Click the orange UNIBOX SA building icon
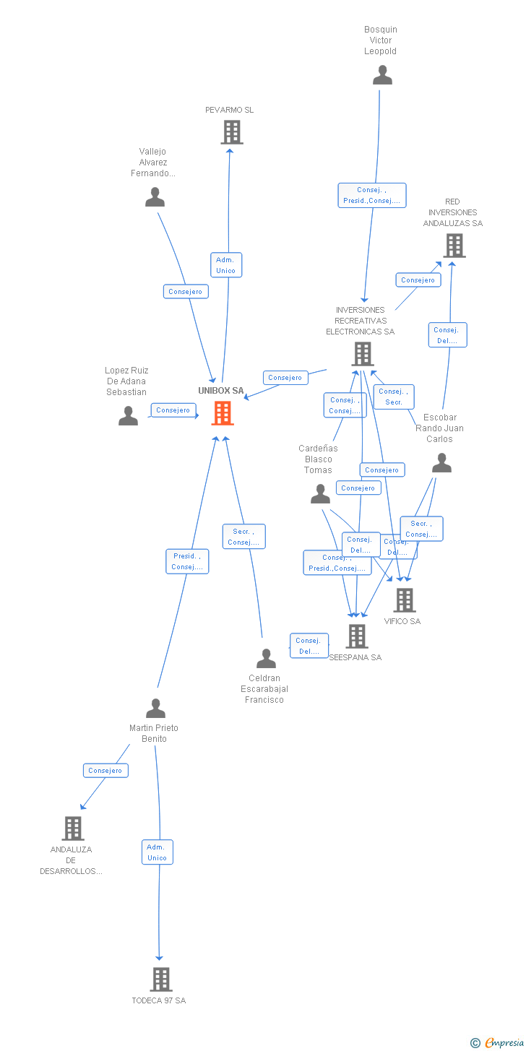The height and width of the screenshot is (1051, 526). (x=223, y=413)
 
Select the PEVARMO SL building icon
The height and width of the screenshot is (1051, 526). (x=231, y=132)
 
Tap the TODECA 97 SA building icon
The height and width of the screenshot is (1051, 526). (x=160, y=979)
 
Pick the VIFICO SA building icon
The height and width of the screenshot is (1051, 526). (x=404, y=600)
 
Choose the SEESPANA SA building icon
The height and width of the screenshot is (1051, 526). (x=357, y=636)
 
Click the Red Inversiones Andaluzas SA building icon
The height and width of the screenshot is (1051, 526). (x=454, y=246)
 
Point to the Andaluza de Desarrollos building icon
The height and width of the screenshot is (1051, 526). (x=72, y=829)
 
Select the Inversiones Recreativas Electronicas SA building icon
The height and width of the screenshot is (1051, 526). (x=362, y=354)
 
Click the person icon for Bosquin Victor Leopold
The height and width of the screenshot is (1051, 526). (x=382, y=75)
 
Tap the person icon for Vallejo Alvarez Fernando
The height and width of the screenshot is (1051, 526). (x=155, y=197)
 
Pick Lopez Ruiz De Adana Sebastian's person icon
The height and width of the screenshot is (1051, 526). (x=128, y=416)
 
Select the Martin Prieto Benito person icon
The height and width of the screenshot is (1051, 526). (x=155, y=709)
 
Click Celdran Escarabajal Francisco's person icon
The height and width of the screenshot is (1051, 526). (x=266, y=659)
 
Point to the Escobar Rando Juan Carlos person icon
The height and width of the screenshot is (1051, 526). (x=441, y=463)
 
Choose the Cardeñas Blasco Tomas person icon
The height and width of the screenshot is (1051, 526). (x=320, y=494)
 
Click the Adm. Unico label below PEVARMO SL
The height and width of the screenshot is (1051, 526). (x=226, y=265)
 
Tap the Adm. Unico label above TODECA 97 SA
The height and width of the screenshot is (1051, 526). (x=157, y=852)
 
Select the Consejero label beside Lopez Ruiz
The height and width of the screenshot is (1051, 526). (x=173, y=410)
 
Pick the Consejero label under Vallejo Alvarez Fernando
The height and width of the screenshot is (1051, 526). (x=186, y=292)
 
